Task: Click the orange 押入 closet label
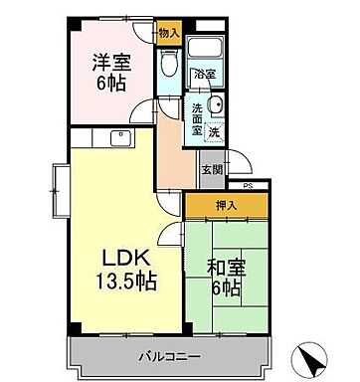[x=226, y=207]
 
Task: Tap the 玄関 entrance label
[x=213, y=169]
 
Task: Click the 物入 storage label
[x=169, y=33]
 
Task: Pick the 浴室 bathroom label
[x=204, y=74]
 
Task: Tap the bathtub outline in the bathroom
[x=206, y=49]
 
